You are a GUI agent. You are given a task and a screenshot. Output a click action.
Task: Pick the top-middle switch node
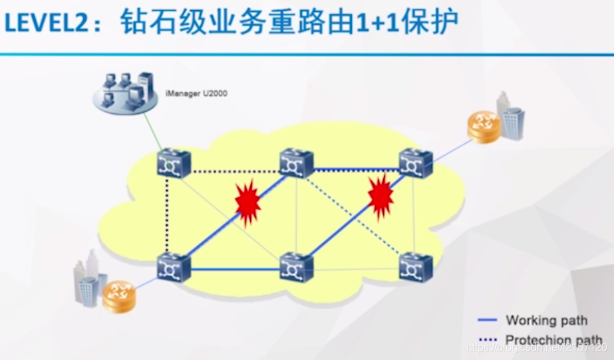296,163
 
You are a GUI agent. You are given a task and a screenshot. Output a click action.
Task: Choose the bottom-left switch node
174,267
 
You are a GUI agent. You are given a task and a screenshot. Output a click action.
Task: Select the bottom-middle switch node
296,267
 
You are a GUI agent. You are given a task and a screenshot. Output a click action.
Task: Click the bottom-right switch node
416,267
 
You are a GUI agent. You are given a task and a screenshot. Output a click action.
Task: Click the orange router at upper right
482,126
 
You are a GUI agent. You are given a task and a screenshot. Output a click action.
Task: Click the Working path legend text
545,321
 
